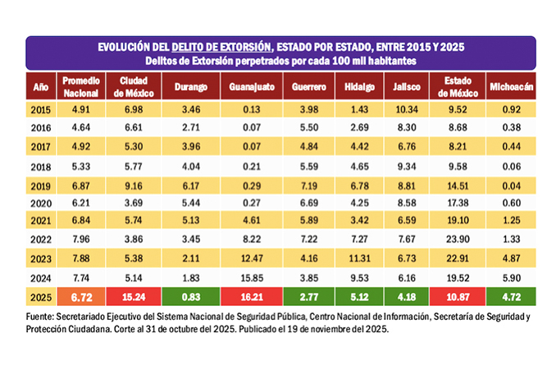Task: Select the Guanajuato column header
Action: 253,86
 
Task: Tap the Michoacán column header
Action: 511,86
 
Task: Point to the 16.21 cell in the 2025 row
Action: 253,294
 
